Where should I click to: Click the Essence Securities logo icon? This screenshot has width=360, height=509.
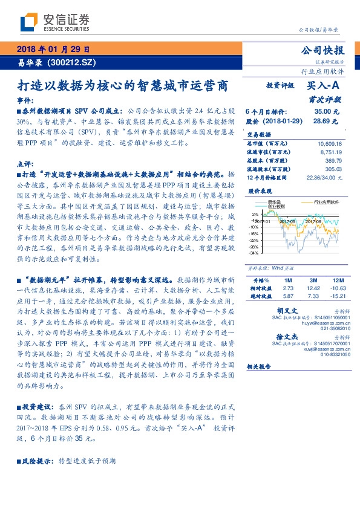(x=27, y=22)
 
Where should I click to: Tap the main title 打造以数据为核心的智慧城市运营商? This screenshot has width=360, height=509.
(x=123, y=85)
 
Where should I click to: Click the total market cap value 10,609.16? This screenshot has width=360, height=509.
(x=329, y=144)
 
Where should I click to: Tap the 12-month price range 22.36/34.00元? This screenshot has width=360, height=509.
(x=326, y=178)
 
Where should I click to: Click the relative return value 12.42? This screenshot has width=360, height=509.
(x=313, y=288)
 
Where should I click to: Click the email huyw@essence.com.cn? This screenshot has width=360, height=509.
(x=317, y=323)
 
